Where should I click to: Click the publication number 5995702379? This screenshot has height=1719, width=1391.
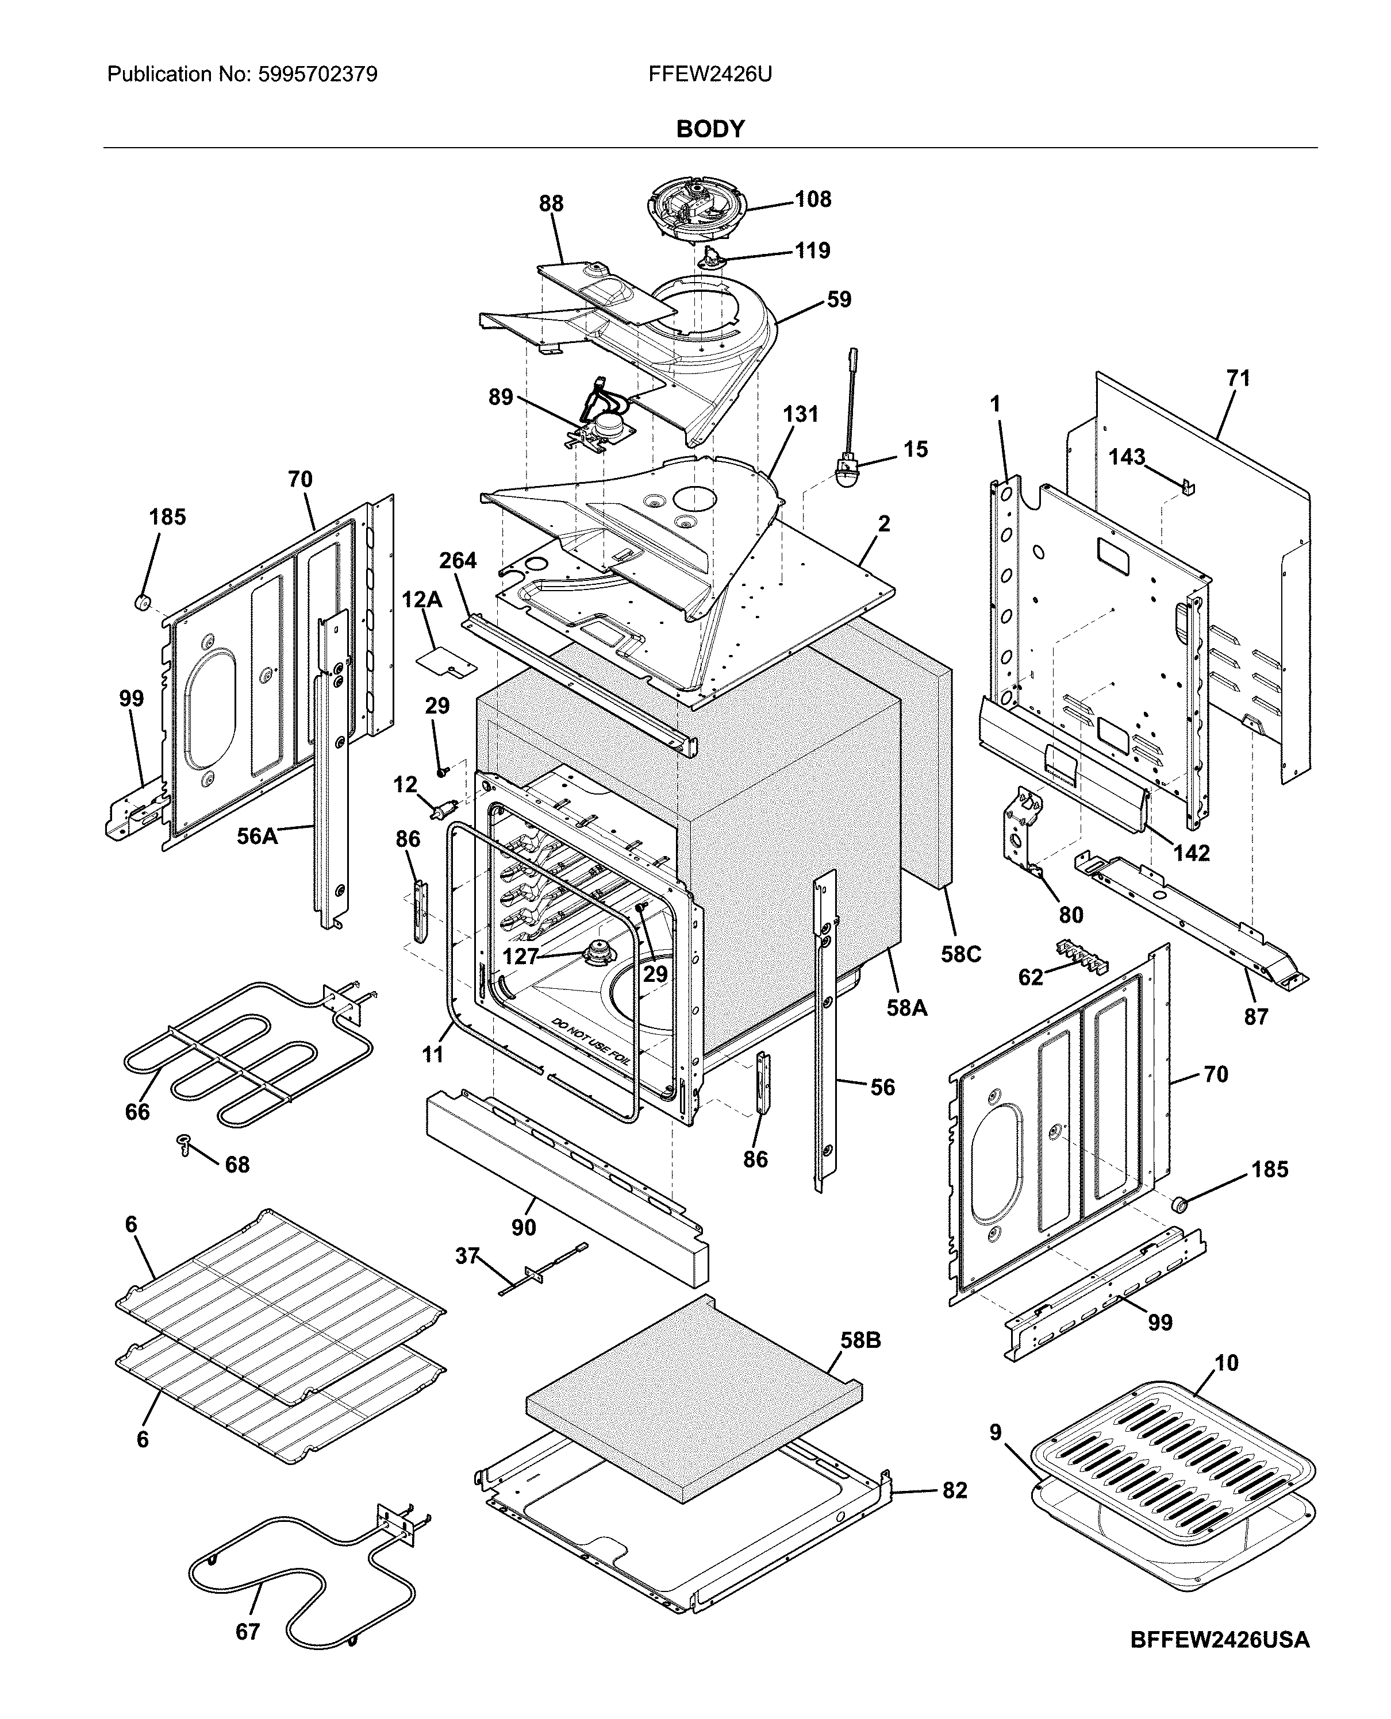point(317,75)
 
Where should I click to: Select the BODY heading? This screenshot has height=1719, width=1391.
point(710,129)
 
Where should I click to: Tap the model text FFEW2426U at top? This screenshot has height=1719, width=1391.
point(710,75)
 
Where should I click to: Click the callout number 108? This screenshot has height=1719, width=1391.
point(813,199)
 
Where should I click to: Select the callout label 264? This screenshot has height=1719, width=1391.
point(458,560)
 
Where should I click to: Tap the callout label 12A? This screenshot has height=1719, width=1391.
point(421,599)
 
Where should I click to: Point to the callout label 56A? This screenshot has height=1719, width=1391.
point(257,837)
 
